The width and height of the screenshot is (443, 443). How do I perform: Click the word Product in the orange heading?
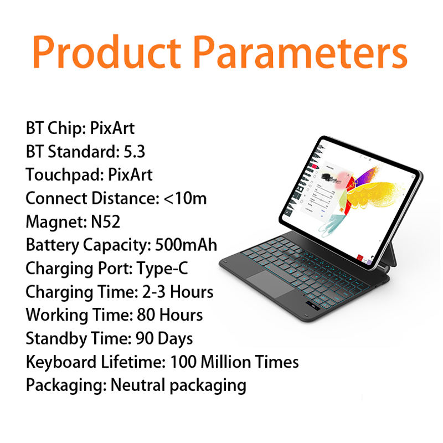(x=107, y=52)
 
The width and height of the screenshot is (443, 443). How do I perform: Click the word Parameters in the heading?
(x=301, y=52)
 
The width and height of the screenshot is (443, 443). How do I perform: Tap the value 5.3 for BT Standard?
(x=135, y=151)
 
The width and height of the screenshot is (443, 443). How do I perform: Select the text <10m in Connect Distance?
(x=186, y=198)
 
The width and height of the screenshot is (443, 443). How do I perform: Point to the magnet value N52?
(x=105, y=221)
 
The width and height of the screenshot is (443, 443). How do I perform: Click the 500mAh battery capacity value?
(x=186, y=245)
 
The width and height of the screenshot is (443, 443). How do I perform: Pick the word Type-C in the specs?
(x=162, y=268)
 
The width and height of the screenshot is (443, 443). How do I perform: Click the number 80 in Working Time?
(x=146, y=315)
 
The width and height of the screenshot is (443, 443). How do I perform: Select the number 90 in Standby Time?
(x=145, y=338)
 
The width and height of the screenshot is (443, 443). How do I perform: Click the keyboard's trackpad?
(x=271, y=284)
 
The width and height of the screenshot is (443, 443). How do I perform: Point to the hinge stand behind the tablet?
(x=390, y=256)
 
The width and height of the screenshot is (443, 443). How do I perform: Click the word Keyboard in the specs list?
(x=61, y=362)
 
